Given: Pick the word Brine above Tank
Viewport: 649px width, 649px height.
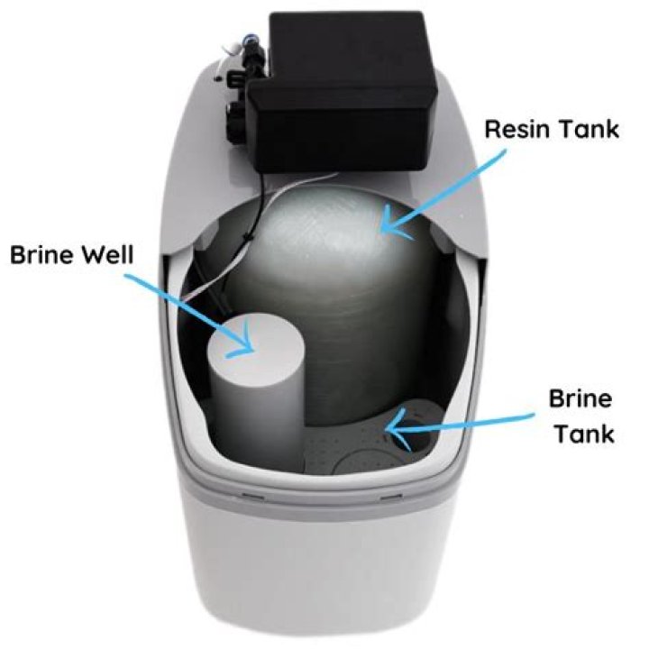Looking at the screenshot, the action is [580, 398].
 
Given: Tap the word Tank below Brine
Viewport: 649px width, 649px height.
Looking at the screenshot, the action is [583, 434].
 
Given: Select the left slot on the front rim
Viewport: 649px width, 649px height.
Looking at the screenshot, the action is [252, 495].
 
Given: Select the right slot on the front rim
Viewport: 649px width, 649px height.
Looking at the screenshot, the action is [390, 497].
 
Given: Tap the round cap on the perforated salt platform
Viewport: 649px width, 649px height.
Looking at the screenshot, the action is [361, 462].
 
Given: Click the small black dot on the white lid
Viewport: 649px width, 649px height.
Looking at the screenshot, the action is [215, 78].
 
